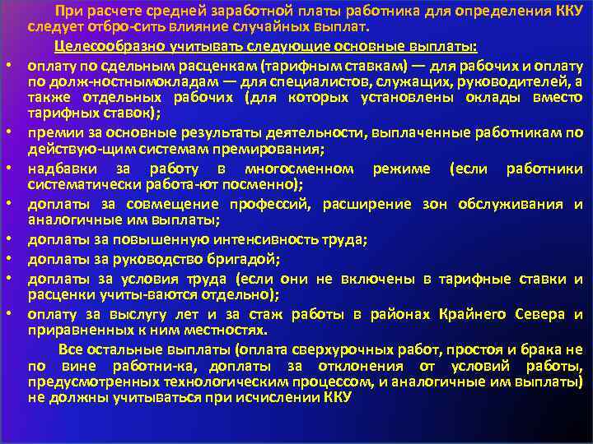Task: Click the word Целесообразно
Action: tap(103, 45)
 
